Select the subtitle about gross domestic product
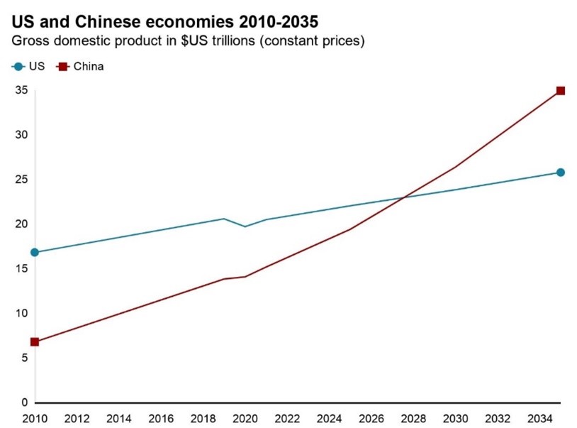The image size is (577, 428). click(x=188, y=41)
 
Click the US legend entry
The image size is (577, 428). click(x=29, y=67)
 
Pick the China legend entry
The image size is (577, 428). click(x=80, y=67)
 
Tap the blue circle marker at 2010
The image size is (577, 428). click(x=35, y=252)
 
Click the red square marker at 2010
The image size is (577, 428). click(x=35, y=341)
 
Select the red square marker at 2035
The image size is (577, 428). click(x=560, y=91)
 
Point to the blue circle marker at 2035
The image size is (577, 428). click(x=560, y=172)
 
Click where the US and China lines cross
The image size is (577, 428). click(x=405, y=197)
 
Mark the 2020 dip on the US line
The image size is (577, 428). click(x=245, y=226)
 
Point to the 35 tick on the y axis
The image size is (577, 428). click(x=21, y=90)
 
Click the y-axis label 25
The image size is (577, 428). click(x=21, y=180)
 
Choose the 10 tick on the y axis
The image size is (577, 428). click(x=21, y=313)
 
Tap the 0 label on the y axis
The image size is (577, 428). click(x=23, y=402)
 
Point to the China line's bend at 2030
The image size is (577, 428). click(x=455, y=167)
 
